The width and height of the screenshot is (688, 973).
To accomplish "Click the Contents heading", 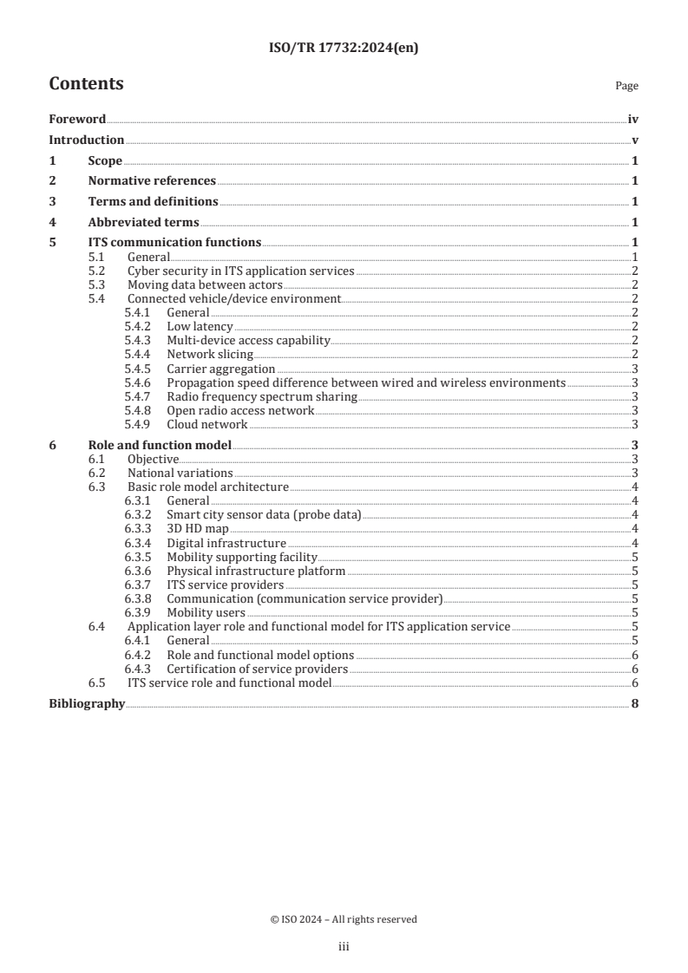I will tap(86, 84).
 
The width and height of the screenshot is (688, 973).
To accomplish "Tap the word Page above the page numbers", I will tap(626, 86).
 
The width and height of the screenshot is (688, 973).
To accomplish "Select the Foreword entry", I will tap(77, 120).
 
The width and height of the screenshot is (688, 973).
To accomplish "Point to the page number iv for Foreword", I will tap(633, 120).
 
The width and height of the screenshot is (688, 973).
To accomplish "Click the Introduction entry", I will tap(86, 140).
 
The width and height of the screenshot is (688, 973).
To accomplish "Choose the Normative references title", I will tap(152, 181).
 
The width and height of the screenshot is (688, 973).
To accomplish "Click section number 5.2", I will tap(98, 271).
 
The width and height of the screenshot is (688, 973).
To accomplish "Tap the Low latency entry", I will tap(200, 326).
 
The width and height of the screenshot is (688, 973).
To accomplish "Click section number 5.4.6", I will tap(139, 382).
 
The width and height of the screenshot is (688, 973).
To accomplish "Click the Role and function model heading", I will tap(160, 445).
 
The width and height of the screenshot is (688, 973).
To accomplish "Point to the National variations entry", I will tap(180, 473).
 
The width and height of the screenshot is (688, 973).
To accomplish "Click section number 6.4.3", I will tap(139, 669).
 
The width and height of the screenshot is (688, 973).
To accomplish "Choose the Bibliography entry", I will tap(87, 704).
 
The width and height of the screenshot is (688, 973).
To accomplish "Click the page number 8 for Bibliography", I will tap(635, 704).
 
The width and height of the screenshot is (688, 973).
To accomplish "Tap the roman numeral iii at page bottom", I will tap(344, 948).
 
